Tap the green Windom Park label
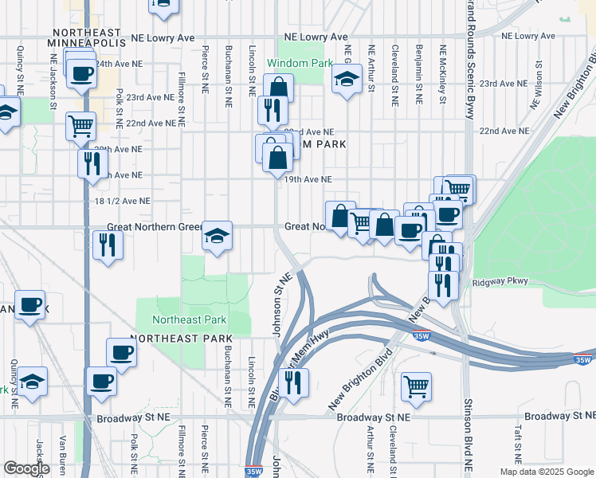click(x=296, y=63)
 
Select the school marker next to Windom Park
click(x=347, y=80)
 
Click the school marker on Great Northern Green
click(x=217, y=236)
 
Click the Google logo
click(x=26, y=468)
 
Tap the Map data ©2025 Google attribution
click(x=546, y=472)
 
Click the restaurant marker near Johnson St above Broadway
click(x=294, y=383)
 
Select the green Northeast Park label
click(x=190, y=320)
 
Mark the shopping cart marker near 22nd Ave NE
click(x=81, y=126)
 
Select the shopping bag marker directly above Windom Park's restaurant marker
click(x=279, y=87)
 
